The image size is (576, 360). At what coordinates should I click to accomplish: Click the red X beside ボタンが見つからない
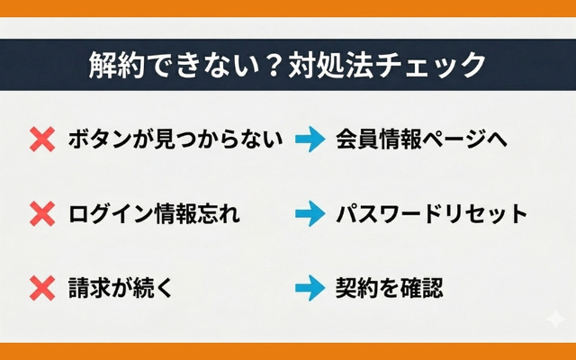click(x=42, y=139)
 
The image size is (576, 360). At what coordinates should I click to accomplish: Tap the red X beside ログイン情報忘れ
click(x=42, y=213)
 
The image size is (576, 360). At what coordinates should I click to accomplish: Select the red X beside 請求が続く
click(x=42, y=288)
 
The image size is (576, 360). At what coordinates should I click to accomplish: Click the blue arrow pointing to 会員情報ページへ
click(x=310, y=139)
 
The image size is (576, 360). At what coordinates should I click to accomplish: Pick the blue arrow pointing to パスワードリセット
click(x=310, y=213)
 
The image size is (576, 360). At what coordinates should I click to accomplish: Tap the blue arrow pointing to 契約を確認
click(x=310, y=288)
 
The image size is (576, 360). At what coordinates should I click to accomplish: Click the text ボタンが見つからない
click(x=175, y=139)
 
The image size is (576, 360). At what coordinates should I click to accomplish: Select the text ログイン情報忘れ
click(x=154, y=213)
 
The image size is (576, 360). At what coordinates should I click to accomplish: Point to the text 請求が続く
click(x=121, y=288)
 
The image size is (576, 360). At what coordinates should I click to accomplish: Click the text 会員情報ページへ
click(x=421, y=139)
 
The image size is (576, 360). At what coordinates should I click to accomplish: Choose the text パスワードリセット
click(x=432, y=213)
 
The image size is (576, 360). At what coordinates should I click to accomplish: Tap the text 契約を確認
click(x=390, y=288)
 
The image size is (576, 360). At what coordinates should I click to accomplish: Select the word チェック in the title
click(x=431, y=66)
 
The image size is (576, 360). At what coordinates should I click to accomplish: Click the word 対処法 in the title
click(x=330, y=66)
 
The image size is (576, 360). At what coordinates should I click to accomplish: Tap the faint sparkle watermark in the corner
click(x=555, y=319)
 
